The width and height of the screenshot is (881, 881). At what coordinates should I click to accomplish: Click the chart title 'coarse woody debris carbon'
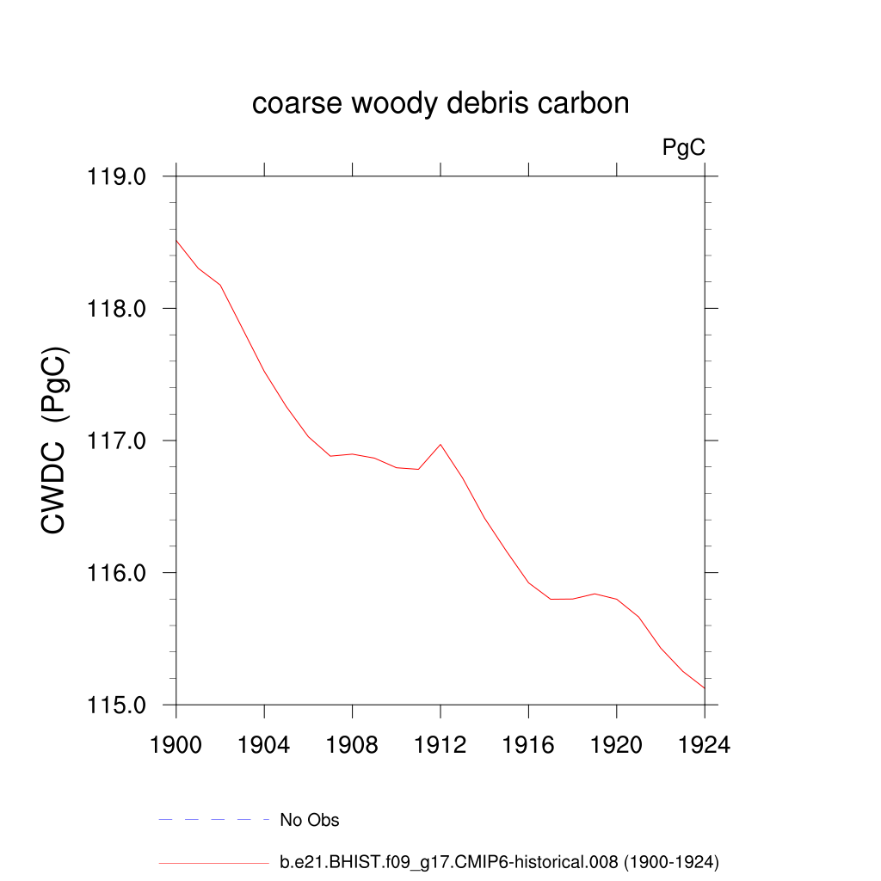440,104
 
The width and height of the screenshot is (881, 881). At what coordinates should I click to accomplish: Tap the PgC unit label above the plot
684,148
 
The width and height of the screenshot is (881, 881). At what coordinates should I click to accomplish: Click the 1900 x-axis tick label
176,745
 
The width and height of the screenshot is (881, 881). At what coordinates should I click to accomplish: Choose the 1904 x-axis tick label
264,745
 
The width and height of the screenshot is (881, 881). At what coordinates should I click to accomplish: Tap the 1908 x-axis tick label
353,745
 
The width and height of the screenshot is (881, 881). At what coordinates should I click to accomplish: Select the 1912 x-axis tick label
440,745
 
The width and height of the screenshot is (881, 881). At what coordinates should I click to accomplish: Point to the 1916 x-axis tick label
529,745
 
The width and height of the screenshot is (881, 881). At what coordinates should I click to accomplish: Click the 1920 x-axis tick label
617,745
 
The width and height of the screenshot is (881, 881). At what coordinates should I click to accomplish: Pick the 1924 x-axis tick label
705,745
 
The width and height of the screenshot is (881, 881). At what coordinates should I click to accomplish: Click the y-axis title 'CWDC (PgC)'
54,440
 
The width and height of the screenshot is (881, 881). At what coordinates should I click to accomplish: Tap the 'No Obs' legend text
310,820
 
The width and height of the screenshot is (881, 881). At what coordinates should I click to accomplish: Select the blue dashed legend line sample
214,820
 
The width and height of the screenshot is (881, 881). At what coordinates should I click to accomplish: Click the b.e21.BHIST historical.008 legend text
499,861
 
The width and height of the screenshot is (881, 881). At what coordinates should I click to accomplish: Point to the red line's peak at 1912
440,444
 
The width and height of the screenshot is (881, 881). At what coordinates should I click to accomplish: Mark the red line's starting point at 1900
176,241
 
